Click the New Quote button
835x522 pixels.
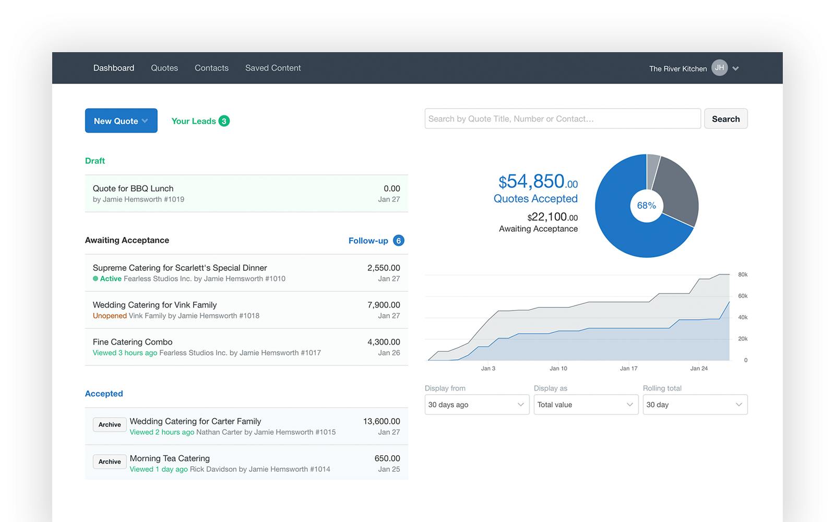pos(121,121)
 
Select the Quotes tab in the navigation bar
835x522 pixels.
pos(164,68)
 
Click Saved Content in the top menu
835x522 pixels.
pos(273,68)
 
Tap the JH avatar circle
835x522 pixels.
pos(720,68)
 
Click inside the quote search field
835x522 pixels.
pos(562,119)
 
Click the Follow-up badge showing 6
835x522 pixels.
pos(398,241)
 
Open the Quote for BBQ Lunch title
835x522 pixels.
pos(133,188)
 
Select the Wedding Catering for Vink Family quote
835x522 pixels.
pos(154,305)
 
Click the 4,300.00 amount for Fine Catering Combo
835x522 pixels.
pos(384,342)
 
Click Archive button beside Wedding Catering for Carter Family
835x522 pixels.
pos(110,424)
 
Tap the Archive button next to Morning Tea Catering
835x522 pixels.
pos(110,461)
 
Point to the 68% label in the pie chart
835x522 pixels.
pos(647,206)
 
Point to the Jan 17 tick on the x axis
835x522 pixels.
pos(628,369)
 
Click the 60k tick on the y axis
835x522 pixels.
pos(743,296)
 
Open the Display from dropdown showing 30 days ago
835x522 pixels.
pos(476,405)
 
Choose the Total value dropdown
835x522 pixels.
pos(586,405)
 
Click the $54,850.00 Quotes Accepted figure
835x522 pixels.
pos(538,182)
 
